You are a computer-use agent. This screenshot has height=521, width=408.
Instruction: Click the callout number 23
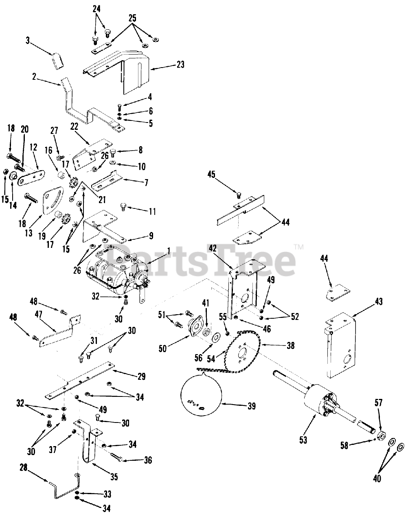pyautogui.click(x=180, y=64)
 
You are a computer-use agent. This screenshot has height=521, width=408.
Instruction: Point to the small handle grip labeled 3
pyautogui.click(x=57, y=60)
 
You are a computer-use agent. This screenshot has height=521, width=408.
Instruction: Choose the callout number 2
pyautogui.click(x=34, y=76)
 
